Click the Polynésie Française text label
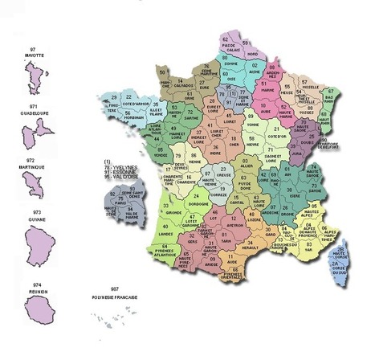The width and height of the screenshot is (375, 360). point(115,297)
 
